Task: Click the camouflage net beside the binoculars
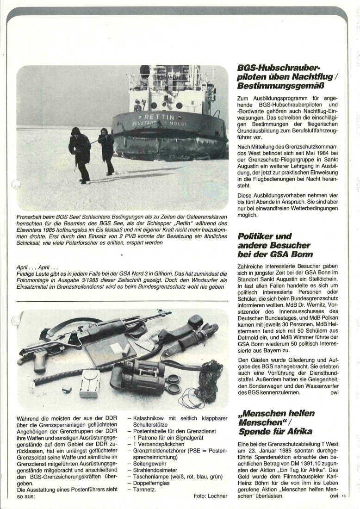206,379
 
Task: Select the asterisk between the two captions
122,255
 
